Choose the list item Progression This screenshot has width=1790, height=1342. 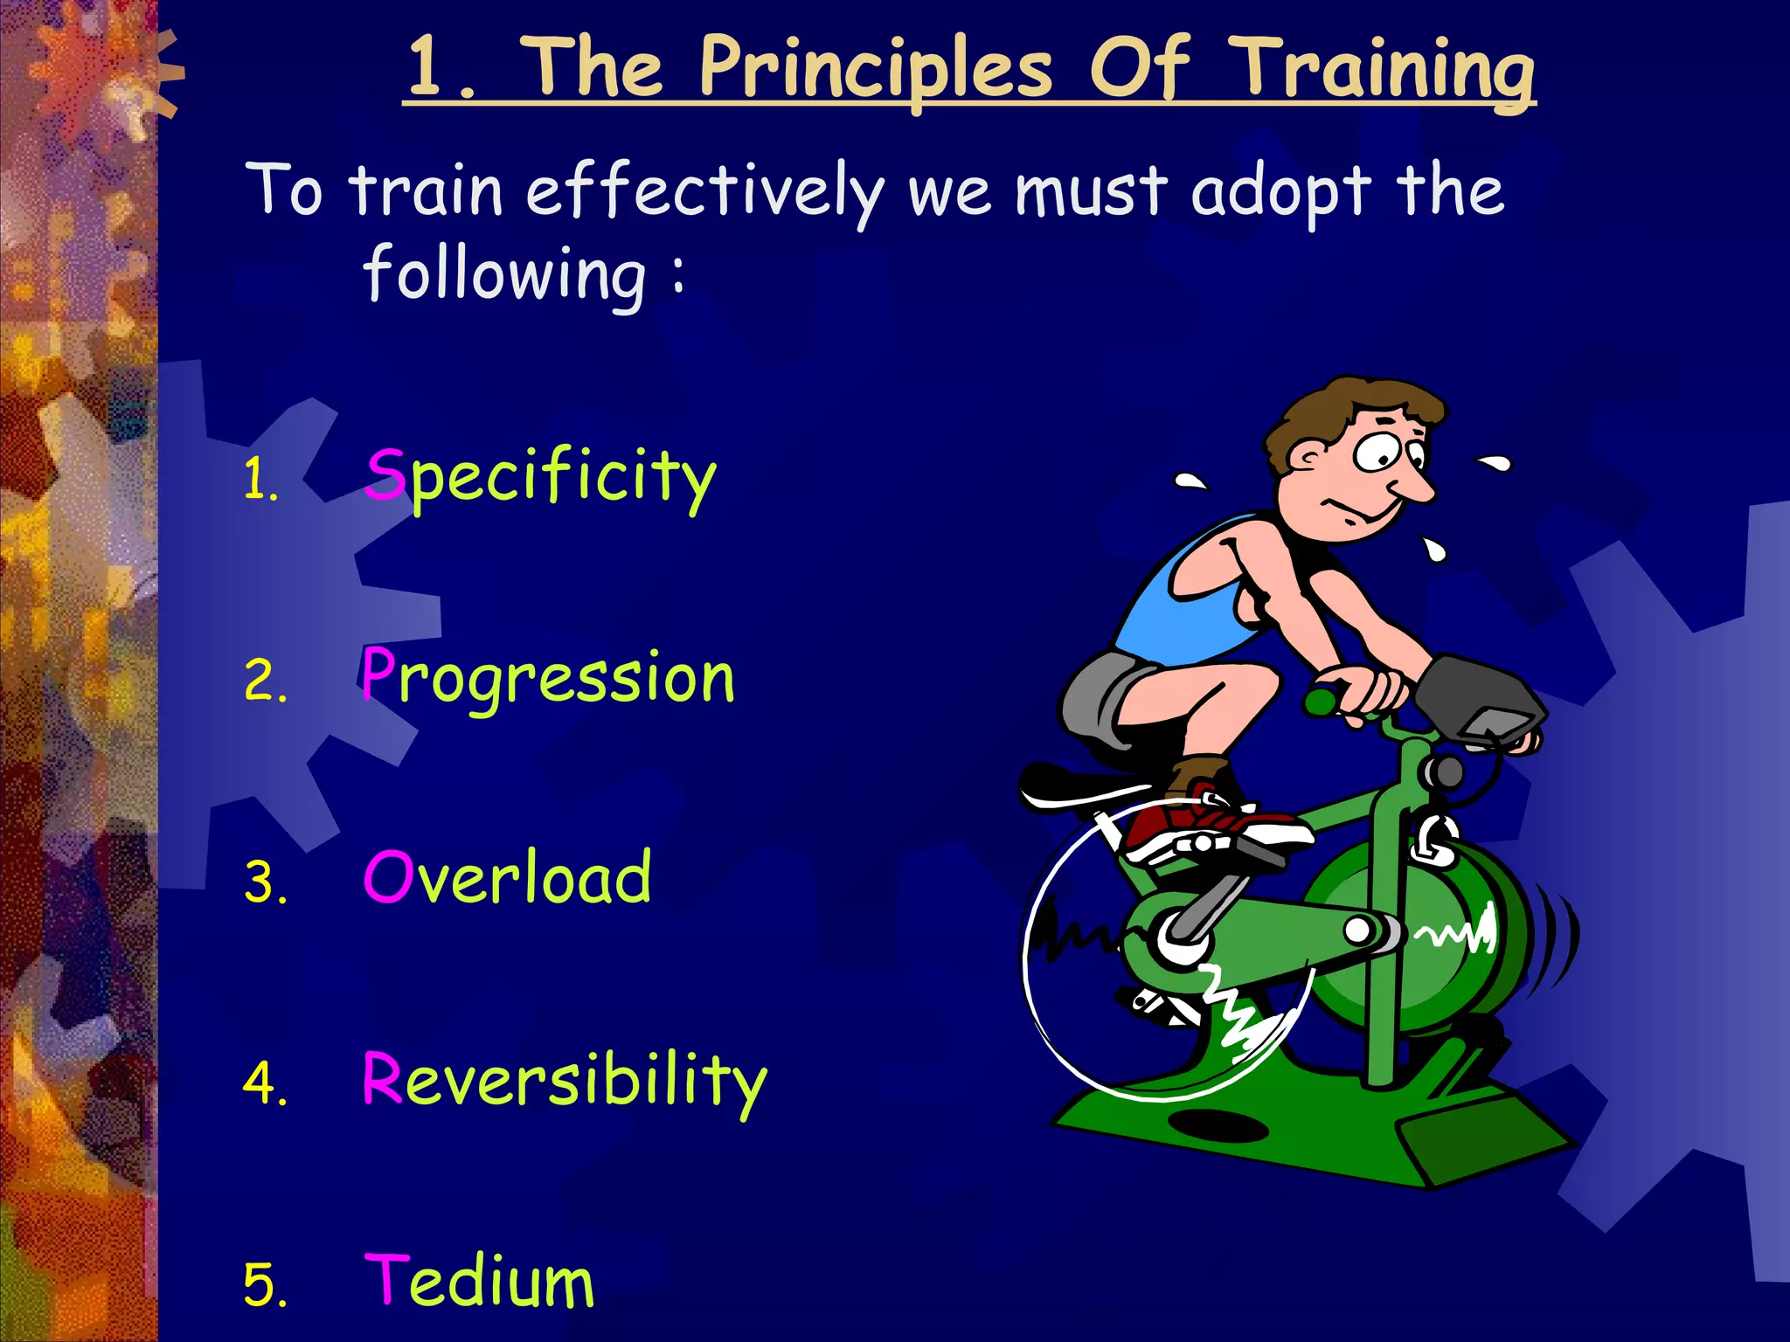[549, 677]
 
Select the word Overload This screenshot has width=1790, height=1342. [507, 877]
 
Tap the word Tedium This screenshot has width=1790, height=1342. [479, 1281]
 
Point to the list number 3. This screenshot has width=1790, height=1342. [264, 882]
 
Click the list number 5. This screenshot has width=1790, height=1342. [264, 1285]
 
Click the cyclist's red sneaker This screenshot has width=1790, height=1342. [1215, 826]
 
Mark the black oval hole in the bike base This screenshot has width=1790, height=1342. [1218, 1124]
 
